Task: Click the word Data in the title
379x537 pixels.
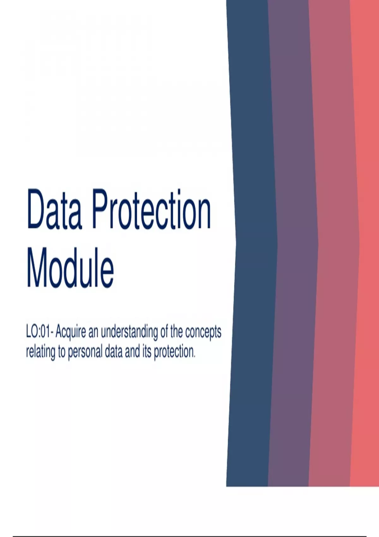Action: [x=54, y=209]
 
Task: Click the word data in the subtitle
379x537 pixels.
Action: [x=114, y=352]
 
